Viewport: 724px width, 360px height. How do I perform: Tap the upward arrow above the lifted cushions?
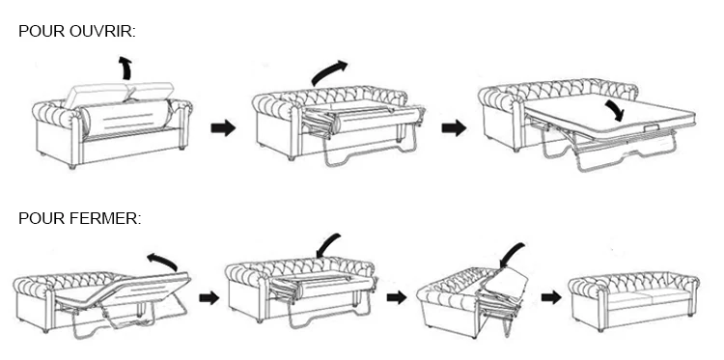point(125,68)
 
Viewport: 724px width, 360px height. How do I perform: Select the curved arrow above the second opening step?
point(329,72)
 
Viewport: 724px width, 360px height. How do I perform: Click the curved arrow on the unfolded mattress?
point(615,111)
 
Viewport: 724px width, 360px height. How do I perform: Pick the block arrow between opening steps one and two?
point(223,128)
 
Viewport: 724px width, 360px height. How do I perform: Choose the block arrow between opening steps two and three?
point(454,128)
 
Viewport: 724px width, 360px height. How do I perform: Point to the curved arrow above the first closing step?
point(162,261)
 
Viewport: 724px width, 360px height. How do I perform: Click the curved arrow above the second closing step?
point(328,245)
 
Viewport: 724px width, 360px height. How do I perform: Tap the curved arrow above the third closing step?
point(512,254)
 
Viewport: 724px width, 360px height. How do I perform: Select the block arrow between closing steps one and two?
point(209,297)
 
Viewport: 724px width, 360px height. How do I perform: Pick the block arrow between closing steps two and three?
point(397,297)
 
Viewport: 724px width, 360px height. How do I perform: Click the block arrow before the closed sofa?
point(551,297)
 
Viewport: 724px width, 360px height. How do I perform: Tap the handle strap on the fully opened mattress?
point(651,126)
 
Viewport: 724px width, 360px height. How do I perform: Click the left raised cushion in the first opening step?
point(96,96)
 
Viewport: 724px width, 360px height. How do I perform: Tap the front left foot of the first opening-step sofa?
point(72,166)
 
